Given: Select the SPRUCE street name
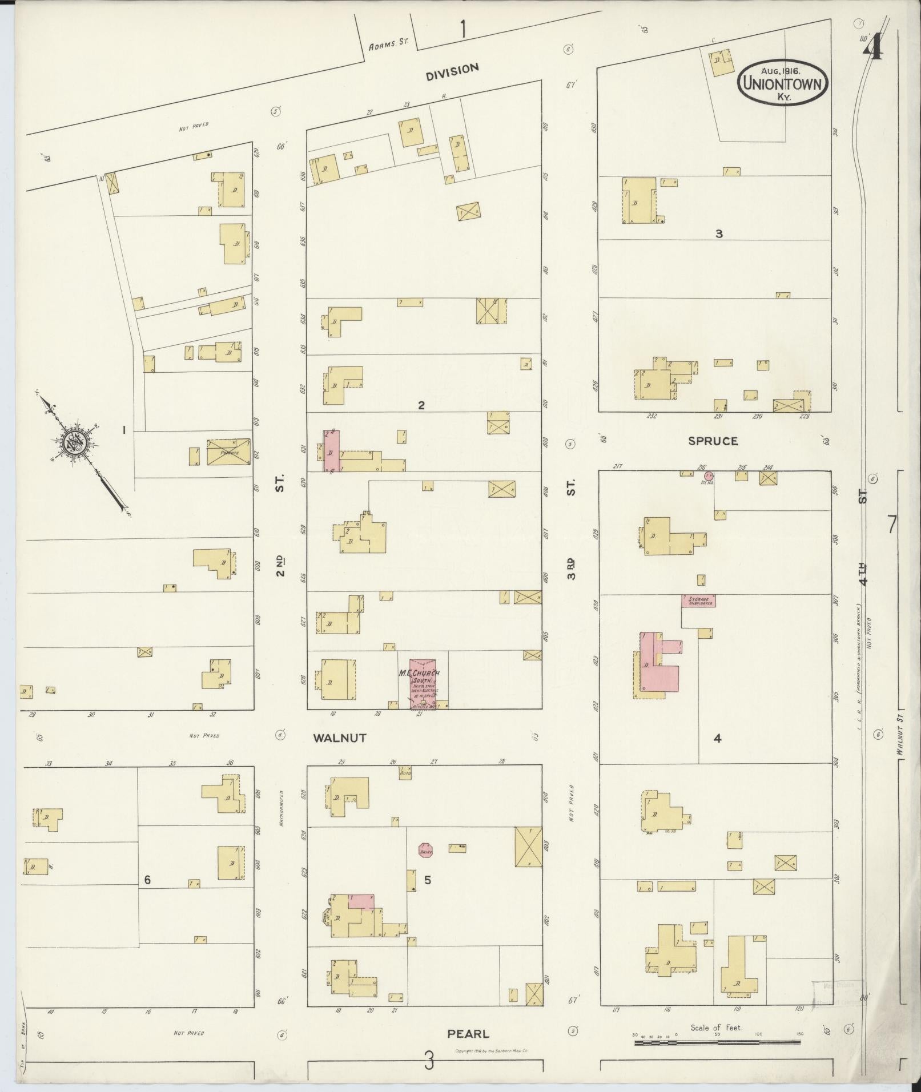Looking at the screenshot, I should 713,441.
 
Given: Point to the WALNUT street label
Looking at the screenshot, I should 339,738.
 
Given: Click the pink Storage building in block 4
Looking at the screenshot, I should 698,600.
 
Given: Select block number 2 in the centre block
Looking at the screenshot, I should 421,406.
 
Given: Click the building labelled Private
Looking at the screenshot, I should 228,452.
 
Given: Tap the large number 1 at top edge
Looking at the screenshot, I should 462,29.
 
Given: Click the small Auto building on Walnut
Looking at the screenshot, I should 406,773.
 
